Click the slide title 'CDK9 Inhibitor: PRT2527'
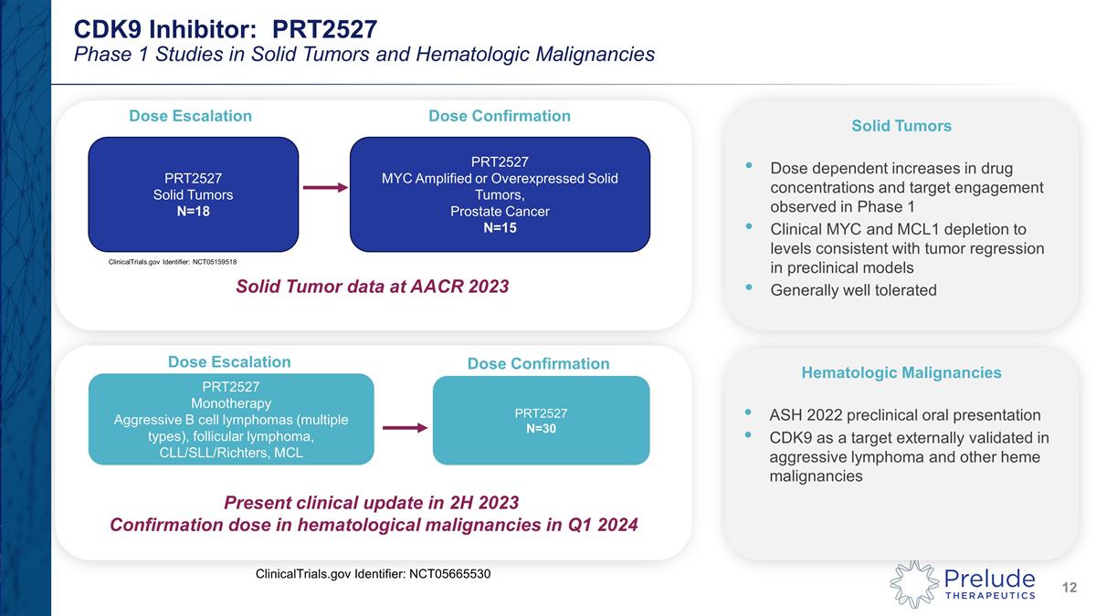click(x=225, y=27)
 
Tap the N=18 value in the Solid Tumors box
click(x=193, y=212)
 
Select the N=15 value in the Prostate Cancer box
click(x=500, y=228)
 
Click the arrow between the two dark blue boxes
click(x=324, y=188)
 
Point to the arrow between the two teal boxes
click(x=403, y=427)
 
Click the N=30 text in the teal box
click(x=540, y=429)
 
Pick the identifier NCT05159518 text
click(x=166, y=262)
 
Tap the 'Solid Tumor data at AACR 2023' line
click(x=372, y=287)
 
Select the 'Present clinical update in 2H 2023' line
click(x=372, y=503)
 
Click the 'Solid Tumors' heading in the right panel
click(x=901, y=126)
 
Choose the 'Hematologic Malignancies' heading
click(x=901, y=372)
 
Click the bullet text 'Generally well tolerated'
click(x=853, y=290)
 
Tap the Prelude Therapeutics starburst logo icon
click(x=914, y=584)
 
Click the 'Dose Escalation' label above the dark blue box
click(x=190, y=116)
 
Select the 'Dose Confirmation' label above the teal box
click(x=538, y=364)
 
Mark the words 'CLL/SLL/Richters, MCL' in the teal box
click(x=231, y=454)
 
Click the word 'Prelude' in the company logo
click(x=990, y=578)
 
